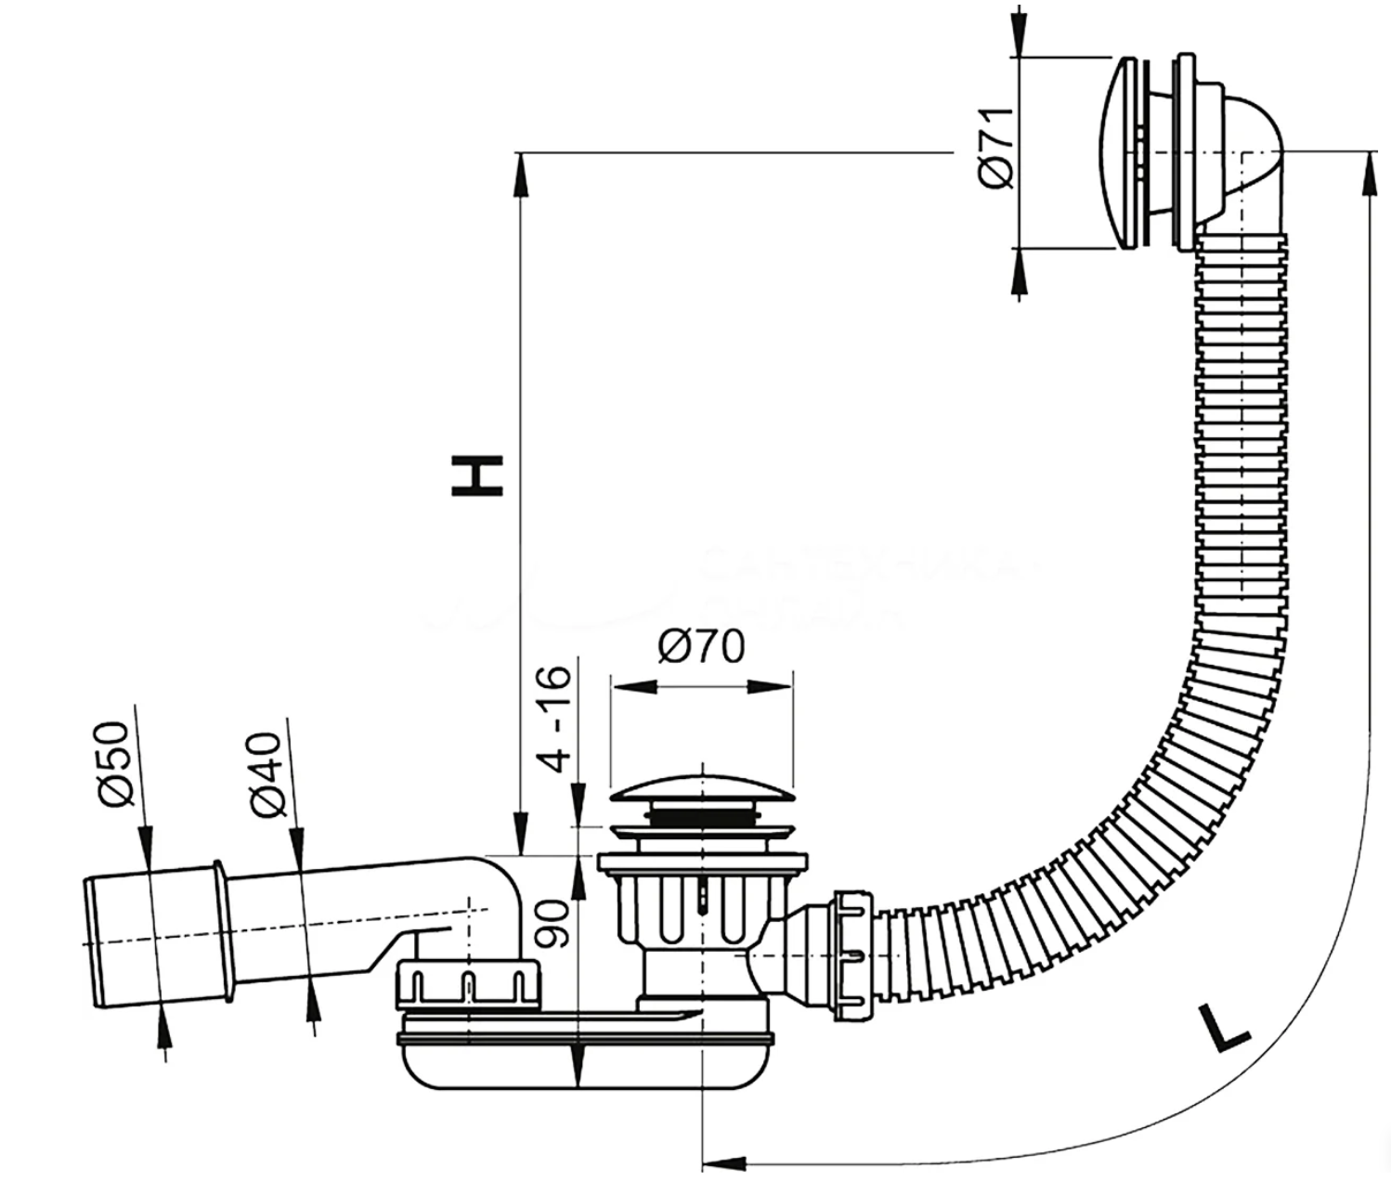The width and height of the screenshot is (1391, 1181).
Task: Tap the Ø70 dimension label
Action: click(x=701, y=646)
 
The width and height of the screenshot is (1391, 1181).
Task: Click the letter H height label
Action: click(x=477, y=474)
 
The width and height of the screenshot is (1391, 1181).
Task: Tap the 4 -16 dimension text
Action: click(x=557, y=718)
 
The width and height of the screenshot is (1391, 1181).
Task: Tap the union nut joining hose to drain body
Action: click(x=851, y=955)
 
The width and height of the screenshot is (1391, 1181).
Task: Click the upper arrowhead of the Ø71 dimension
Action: click(x=1019, y=36)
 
